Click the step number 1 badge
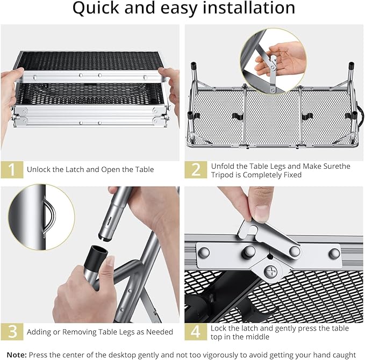(x=12, y=169)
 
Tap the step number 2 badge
(x=196, y=169)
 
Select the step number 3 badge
(x=12, y=332)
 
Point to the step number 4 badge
(x=196, y=332)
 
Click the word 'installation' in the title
(x=249, y=8)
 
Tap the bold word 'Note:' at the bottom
(x=17, y=355)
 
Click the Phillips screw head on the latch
(x=271, y=271)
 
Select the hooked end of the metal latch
(x=247, y=231)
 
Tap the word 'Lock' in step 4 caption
(x=219, y=328)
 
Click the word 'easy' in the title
(x=179, y=9)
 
